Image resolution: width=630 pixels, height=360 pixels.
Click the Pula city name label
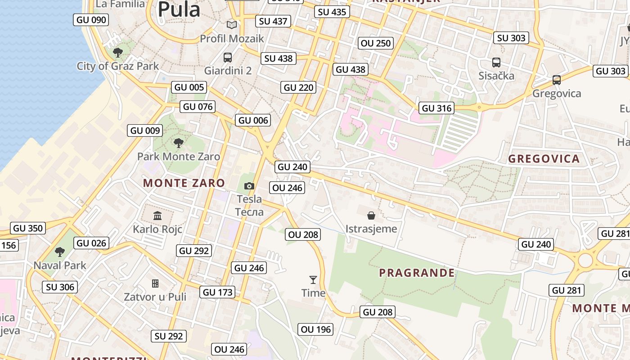179,9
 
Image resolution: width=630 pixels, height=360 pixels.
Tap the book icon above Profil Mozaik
232,25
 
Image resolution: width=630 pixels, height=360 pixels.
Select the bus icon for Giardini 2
228,58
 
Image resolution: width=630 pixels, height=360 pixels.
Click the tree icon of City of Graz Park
118,53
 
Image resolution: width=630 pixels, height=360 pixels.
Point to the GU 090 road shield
91,20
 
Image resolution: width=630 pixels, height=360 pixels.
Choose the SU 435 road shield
333,12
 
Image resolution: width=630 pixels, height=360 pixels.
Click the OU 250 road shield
376,43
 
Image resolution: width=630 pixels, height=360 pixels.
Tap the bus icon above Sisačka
496,63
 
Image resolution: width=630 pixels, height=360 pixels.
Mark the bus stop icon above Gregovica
557,80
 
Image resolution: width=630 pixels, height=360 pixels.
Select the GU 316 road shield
436,108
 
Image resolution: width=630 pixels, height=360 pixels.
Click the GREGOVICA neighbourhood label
544,159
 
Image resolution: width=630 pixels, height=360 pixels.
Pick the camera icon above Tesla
249,186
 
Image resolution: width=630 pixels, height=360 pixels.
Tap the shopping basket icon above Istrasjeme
371,216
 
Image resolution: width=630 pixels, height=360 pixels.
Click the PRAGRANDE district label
417,273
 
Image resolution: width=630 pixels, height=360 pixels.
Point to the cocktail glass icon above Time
313,280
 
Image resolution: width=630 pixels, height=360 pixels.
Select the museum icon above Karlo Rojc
157,216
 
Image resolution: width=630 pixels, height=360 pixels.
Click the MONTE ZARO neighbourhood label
184,183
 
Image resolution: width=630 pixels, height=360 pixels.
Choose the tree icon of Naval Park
60,252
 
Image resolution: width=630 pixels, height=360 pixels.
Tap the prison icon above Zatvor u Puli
155,283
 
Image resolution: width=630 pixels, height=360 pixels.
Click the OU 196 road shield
316,330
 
